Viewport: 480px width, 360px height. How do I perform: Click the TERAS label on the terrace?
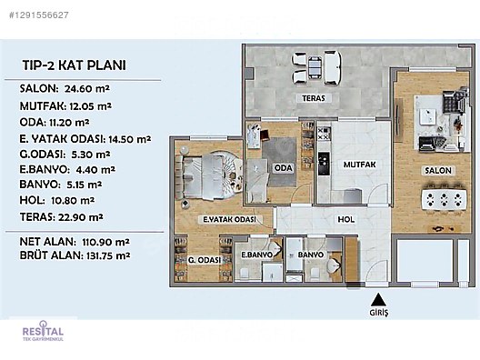click(x=314, y=98)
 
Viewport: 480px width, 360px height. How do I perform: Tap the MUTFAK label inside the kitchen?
click(x=359, y=165)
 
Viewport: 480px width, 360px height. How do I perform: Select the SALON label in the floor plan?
click(x=438, y=171)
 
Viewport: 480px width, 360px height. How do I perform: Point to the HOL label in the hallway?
click(x=346, y=219)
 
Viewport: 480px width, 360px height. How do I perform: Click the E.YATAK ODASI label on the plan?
click(x=230, y=219)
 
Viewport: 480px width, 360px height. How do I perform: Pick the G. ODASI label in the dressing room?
click(x=205, y=260)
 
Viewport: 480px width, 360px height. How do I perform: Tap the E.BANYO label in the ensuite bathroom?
click(x=256, y=255)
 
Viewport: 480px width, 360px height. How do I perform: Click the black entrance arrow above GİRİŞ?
click(x=378, y=300)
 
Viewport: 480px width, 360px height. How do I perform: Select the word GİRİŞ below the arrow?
click(x=379, y=313)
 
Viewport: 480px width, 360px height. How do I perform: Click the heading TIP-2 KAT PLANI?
click(x=74, y=65)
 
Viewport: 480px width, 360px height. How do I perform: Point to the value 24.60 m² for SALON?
click(x=87, y=89)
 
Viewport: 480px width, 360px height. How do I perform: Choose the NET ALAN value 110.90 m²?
click(x=105, y=242)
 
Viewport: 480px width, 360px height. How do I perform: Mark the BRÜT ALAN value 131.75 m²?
click(x=106, y=255)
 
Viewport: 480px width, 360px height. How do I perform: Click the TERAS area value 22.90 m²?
click(x=79, y=217)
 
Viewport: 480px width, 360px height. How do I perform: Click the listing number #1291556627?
click(x=39, y=15)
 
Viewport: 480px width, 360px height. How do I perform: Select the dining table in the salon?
click(x=444, y=200)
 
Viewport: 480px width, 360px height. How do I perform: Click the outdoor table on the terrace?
click(x=315, y=67)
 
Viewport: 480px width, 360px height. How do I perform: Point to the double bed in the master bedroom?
click(x=202, y=177)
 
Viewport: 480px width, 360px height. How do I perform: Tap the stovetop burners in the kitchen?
click(x=325, y=134)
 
